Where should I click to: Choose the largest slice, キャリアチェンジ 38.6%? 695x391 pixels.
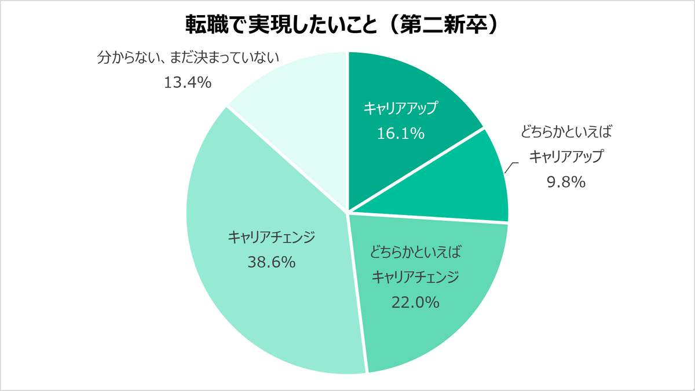click(261, 301)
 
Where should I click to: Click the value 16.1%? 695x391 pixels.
click(401, 134)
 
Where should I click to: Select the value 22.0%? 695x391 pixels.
click(415, 301)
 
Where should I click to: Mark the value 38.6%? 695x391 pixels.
click(272, 262)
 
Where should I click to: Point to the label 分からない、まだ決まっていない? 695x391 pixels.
click(188, 57)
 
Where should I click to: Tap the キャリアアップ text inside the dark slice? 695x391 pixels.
click(401, 108)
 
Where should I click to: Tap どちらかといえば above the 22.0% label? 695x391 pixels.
click(415, 253)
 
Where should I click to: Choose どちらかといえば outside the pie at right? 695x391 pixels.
click(566, 131)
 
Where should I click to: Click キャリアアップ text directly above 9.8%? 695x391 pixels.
click(566, 156)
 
